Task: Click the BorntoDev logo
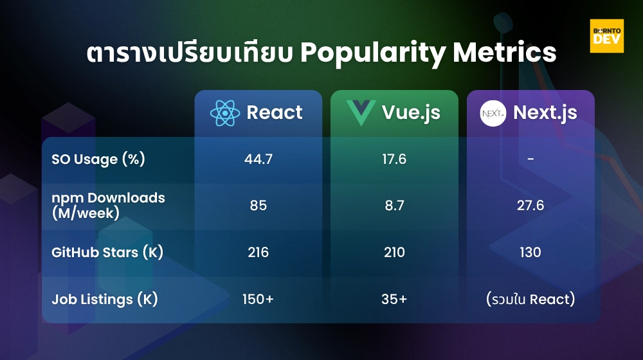click(606, 36)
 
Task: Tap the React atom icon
click(225, 113)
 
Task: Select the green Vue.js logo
click(361, 113)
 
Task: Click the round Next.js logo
click(493, 113)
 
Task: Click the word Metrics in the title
click(505, 53)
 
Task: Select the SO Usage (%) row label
click(98, 159)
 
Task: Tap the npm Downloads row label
click(108, 205)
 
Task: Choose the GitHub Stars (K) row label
click(107, 252)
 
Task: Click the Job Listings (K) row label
click(105, 299)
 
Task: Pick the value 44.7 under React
click(258, 159)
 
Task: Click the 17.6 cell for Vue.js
click(394, 159)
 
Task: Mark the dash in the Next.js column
click(530, 159)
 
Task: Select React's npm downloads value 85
click(258, 206)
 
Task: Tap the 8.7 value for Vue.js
click(394, 206)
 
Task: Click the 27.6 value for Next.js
click(530, 206)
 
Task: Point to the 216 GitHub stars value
click(258, 252)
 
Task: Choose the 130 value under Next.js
click(530, 252)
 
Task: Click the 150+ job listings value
click(258, 299)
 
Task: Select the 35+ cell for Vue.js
click(394, 299)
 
